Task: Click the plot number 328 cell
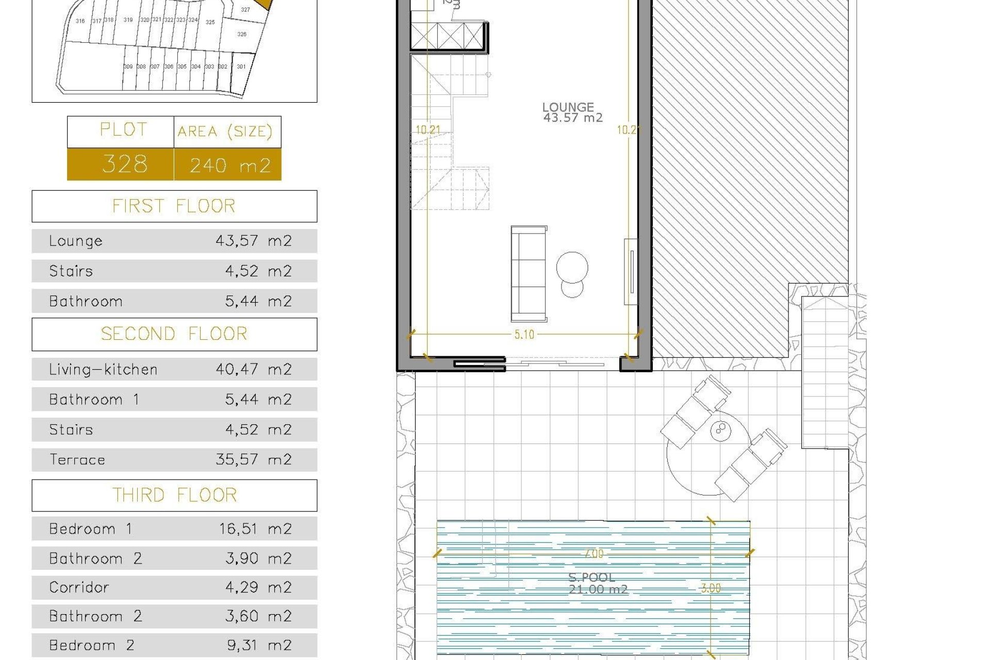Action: point(124,164)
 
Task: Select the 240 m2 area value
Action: point(229,166)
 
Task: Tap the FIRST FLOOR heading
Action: point(174,206)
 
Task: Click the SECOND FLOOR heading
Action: point(174,334)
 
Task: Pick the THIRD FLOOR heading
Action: point(174,496)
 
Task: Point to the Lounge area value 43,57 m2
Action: point(253,241)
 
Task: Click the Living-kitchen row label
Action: point(103,369)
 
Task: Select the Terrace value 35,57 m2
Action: point(253,459)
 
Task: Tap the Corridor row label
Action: point(79,587)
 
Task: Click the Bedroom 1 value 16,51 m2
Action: point(255,529)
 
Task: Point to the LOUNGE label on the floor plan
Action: point(568,107)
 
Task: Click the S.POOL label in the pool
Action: point(591,577)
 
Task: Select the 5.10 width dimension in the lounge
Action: point(524,335)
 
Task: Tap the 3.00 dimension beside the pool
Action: point(711,588)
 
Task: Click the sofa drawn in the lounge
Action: point(529,273)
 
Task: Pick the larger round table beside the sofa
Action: point(572,267)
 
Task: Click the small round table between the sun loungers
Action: point(720,430)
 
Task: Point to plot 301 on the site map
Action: point(241,67)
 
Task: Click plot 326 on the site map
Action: point(242,34)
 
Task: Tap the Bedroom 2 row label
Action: point(91,645)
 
